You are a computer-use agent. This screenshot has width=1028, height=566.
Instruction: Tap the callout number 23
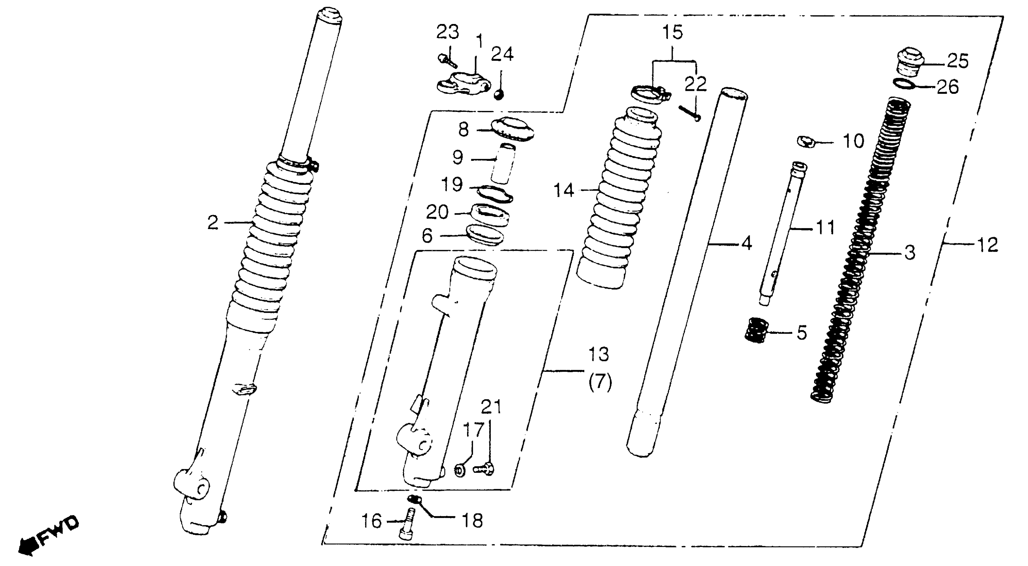(447, 32)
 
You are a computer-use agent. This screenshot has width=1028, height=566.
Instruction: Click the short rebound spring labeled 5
(757, 330)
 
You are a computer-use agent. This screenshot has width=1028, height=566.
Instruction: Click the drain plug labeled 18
(413, 499)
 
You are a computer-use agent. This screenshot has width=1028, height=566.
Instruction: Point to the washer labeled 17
(459, 470)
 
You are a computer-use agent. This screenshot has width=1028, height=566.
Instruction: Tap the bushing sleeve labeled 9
(503, 164)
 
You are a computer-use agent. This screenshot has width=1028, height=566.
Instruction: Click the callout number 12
(987, 244)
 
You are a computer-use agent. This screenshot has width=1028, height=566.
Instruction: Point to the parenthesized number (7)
(600, 383)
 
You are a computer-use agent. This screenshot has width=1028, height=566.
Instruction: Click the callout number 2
(213, 222)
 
